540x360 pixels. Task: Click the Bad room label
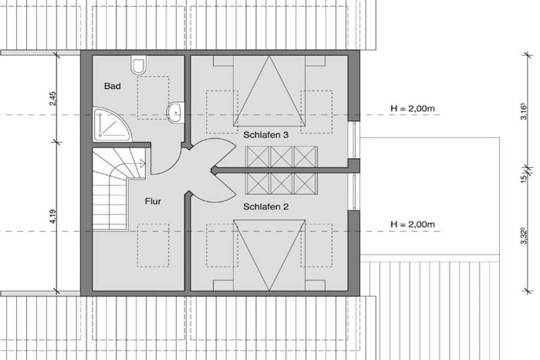point(112,86)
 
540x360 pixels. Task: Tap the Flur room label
point(153,201)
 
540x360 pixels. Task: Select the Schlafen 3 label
point(266,135)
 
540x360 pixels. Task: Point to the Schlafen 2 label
point(266,207)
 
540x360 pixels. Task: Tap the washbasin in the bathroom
point(176,112)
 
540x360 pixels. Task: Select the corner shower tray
point(111,124)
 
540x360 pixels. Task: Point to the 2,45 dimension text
point(52,99)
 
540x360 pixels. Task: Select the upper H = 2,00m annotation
point(412,109)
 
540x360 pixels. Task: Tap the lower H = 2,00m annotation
point(412,225)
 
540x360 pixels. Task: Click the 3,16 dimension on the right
point(524,111)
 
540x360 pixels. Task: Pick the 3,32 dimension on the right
point(524,236)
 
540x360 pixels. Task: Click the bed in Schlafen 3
point(269,91)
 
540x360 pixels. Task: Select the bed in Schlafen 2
point(269,255)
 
